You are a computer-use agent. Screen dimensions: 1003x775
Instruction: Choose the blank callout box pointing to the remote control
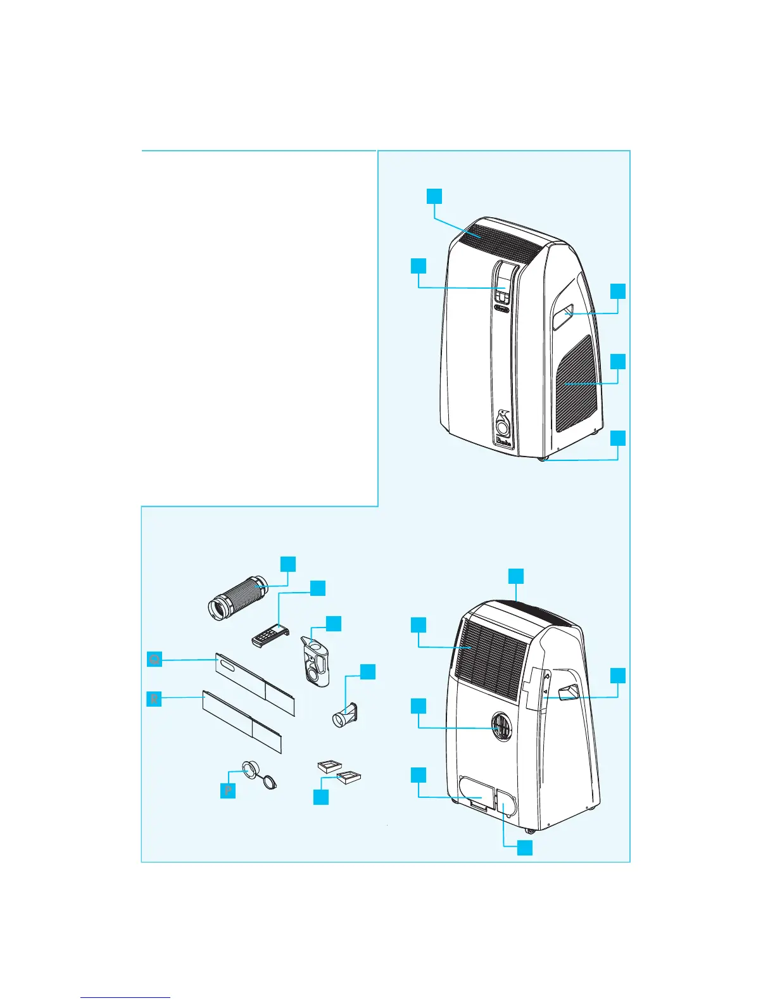(318, 588)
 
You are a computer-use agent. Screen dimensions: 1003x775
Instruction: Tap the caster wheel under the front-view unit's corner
(543, 461)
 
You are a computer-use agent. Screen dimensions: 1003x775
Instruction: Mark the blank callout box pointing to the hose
(288, 564)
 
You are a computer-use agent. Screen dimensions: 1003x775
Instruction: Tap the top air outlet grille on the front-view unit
(497, 240)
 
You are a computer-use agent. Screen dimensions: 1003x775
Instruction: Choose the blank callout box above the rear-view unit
(517, 576)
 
